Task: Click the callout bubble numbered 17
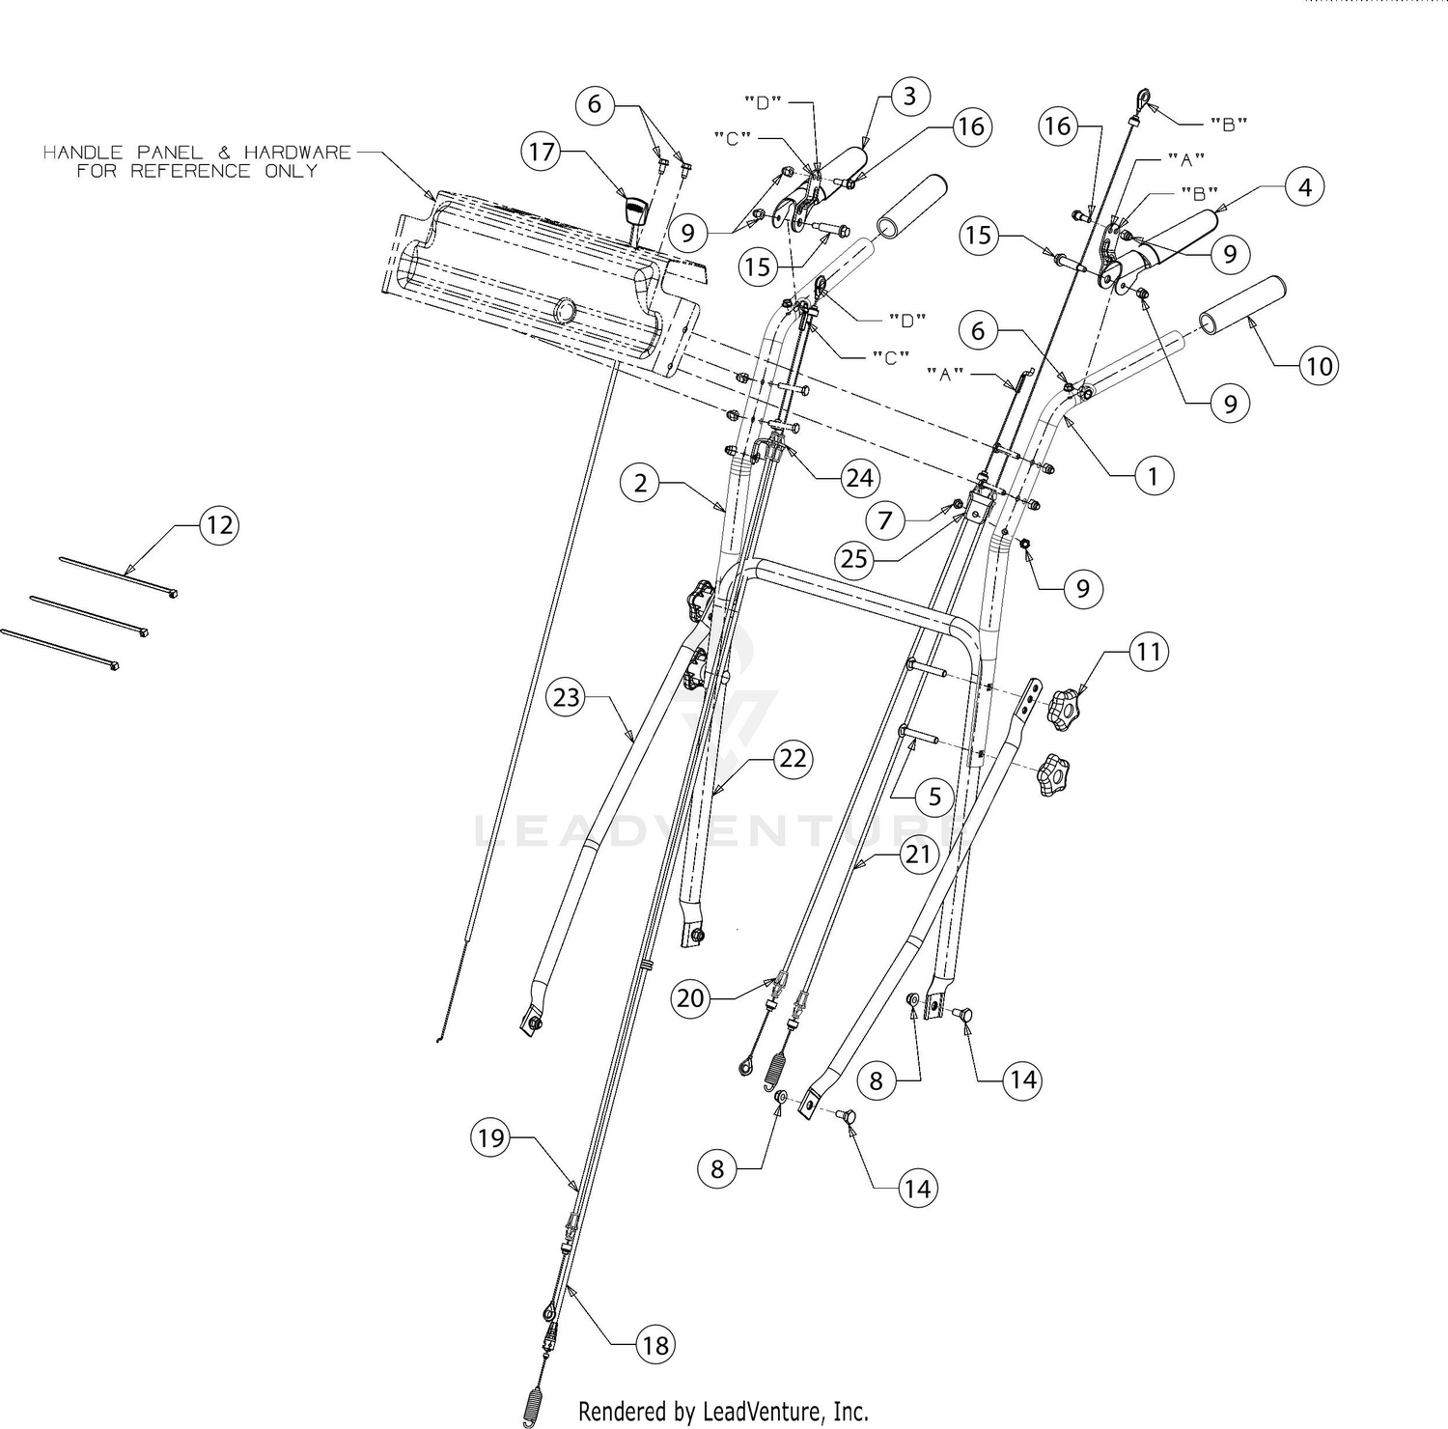click(543, 152)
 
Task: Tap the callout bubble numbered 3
click(909, 96)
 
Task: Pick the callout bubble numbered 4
click(1305, 186)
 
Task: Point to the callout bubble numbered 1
click(1153, 475)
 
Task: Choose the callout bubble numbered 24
click(859, 477)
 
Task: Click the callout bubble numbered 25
click(855, 559)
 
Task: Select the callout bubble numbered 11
click(1148, 653)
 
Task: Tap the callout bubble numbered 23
click(567, 696)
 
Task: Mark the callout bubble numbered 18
click(655, 1345)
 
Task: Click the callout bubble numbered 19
click(491, 1138)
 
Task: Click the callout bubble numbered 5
click(934, 797)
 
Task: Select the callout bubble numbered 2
click(641, 482)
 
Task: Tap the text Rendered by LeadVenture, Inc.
click(723, 1411)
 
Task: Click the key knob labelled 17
click(634, 209)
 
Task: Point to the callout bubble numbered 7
click(885, 520)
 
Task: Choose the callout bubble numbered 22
click(793, 758)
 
